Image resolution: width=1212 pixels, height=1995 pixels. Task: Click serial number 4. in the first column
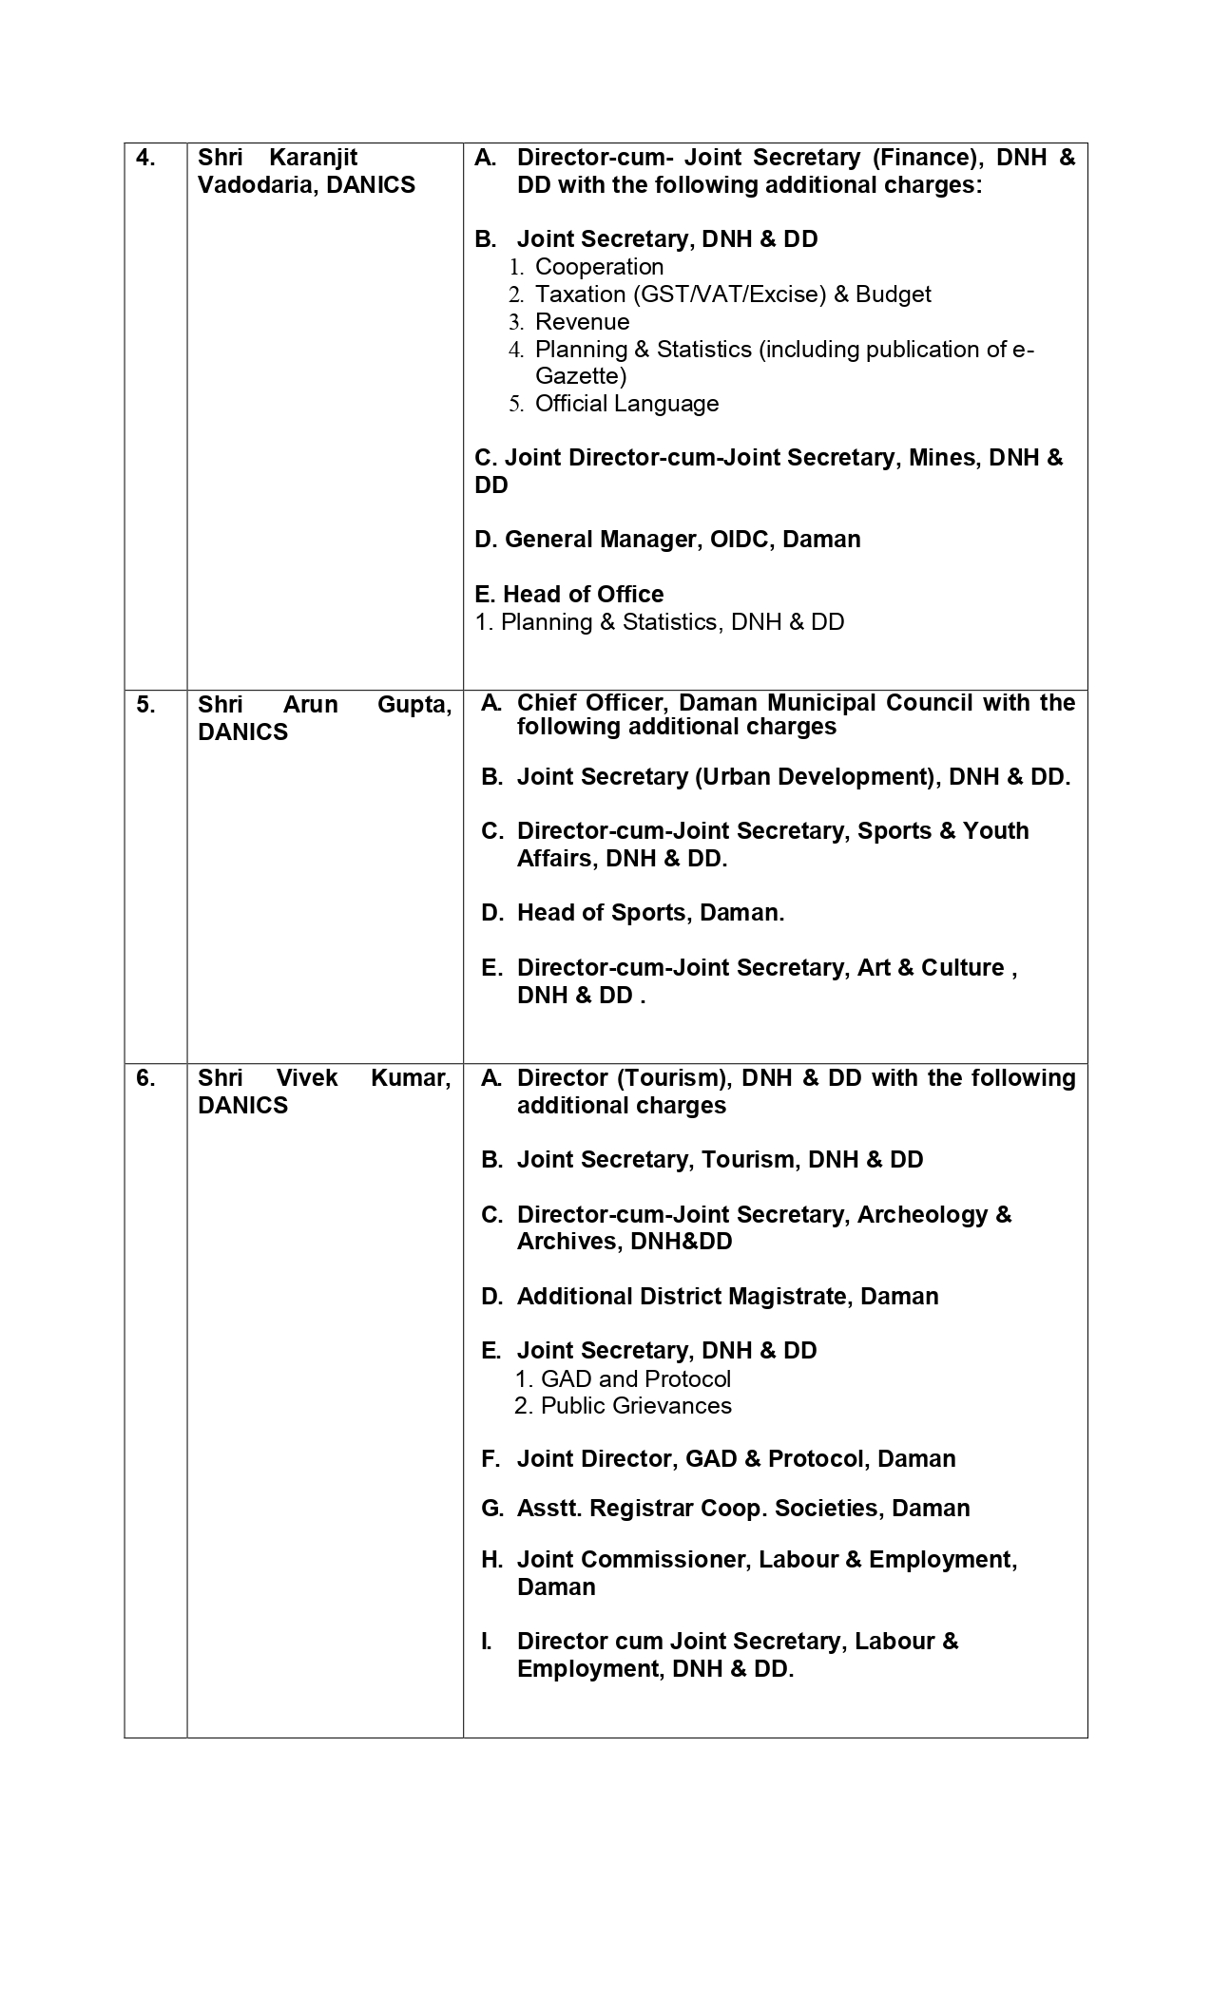145,158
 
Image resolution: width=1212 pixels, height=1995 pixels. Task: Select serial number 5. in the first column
145,705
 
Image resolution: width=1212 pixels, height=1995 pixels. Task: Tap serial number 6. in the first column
145,1078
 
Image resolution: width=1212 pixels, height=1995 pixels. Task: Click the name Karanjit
314,158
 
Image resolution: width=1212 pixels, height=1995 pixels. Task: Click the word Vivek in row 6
307,1078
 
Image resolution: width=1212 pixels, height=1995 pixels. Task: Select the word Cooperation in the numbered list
599,267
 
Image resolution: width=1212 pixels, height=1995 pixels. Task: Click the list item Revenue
582,322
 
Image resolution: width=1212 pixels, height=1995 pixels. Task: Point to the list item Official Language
626,404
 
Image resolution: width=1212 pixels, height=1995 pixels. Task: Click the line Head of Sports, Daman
650,913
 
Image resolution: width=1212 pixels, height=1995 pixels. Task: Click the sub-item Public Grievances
636,1406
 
